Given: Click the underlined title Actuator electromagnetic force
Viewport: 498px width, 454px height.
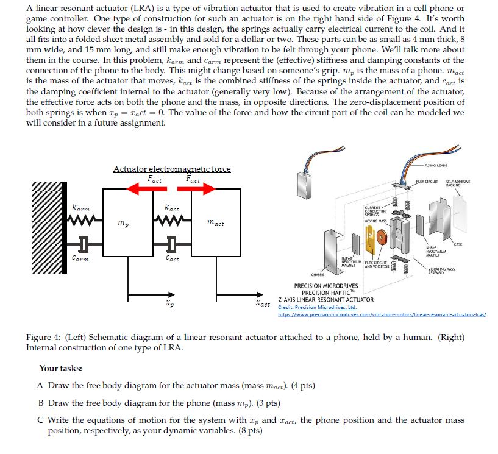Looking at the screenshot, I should [171, 169].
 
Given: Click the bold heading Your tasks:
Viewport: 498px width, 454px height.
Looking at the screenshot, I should [60, 368].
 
